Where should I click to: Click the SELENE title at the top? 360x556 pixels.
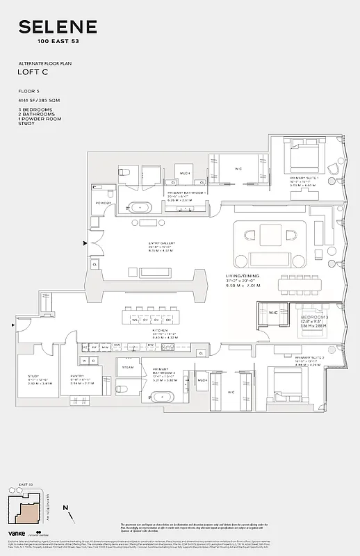58,28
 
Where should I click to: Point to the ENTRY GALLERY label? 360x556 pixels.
159,245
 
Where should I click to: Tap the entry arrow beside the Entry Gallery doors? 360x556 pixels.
85,243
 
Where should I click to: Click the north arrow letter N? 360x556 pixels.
65,508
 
